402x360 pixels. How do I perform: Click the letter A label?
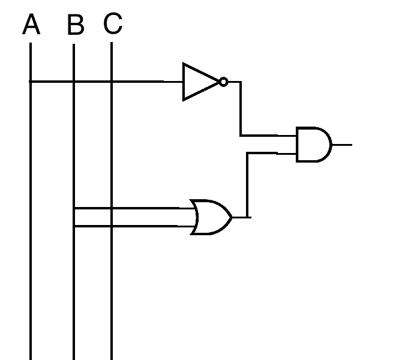[x=31, y=25]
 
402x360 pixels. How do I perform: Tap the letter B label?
[x=76, y=26]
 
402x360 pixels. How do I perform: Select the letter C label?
[x=113, y=24]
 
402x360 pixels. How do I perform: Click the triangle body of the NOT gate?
[x=198, y=82]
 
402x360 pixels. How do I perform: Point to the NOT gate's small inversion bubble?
[x=223, y=82]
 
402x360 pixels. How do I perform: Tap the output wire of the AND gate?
[x=341, y=145]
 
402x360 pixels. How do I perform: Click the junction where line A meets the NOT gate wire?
[x=30, y=82]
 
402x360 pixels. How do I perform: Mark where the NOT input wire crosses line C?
[x=112, y=82]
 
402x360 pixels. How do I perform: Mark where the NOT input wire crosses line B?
[x=73, y=82]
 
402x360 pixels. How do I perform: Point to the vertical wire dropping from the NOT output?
[x=241, y=108]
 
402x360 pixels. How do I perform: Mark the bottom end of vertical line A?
[x=30, y=358]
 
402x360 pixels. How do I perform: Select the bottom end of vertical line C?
[x=112, y=358]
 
